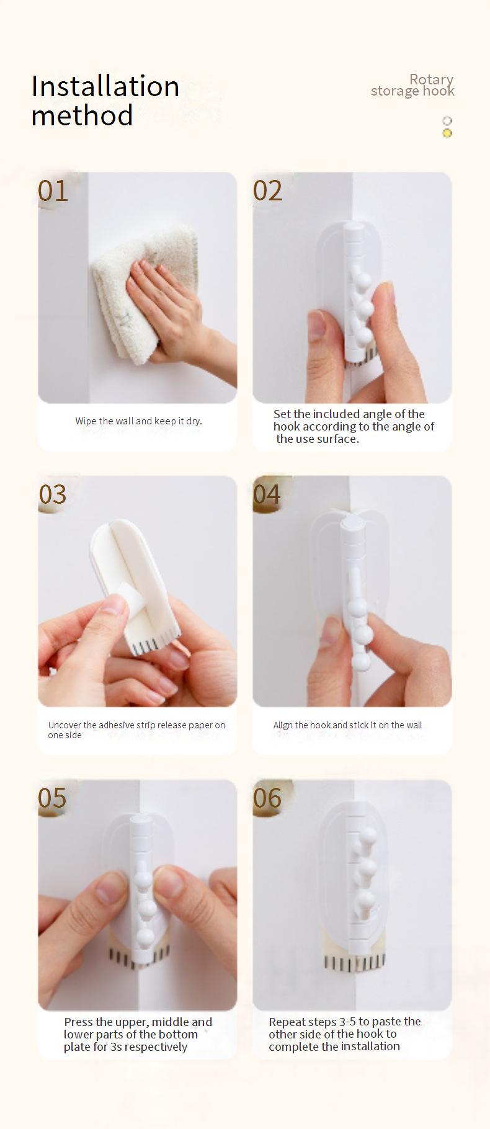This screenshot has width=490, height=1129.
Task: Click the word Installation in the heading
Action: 105,86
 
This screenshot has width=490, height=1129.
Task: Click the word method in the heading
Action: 82,115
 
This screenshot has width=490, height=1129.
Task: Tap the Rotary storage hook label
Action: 412,85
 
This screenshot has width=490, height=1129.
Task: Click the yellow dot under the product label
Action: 447,133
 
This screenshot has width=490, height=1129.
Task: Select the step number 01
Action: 53,190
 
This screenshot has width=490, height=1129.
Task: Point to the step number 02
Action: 268,190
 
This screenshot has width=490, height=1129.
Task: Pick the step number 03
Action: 53,494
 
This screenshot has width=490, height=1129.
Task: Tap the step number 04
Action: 267,494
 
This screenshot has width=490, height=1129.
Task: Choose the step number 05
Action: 52,798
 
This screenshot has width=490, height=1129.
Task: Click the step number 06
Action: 267,798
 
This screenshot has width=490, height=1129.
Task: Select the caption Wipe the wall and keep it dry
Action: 139,421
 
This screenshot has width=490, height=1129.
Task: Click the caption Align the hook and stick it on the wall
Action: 347,725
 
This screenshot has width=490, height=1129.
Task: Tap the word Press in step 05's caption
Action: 79,1022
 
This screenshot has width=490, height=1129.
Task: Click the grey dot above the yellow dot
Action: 447,121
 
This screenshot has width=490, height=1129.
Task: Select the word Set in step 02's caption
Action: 282,414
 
